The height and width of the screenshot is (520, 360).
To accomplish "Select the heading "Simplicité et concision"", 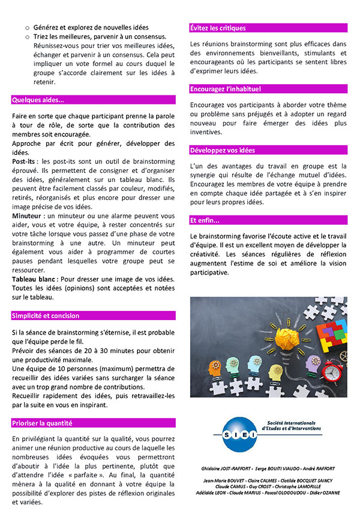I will click(45, 315).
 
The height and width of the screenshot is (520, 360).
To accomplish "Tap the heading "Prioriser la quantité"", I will click(42, 423).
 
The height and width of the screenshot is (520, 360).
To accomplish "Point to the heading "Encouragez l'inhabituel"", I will click(225, 89).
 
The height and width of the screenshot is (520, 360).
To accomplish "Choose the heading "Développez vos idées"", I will click(221, 150).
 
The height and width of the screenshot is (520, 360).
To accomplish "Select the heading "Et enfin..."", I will click(205, 220).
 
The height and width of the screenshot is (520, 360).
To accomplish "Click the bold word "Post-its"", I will click(23, 162).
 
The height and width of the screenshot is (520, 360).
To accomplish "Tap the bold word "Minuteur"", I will click(26, 215).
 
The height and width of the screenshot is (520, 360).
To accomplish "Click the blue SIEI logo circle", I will click(234, 433).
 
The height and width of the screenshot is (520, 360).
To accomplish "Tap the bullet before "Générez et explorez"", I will click(26, 28).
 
